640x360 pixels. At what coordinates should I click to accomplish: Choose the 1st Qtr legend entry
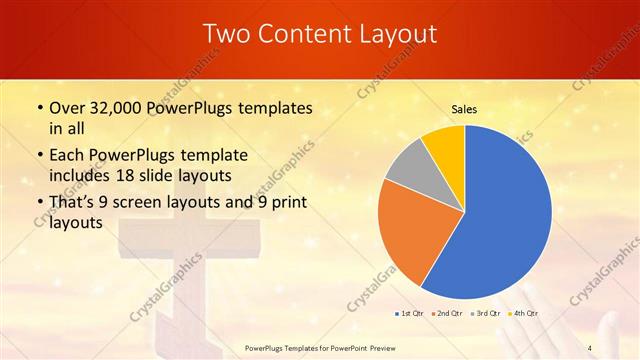(x=410, y=313)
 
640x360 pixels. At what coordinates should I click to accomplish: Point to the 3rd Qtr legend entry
(x=487, y=313)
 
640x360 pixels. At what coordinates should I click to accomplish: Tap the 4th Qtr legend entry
(x=526, y=313)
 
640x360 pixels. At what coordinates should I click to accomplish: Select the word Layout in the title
(x=397, y=34)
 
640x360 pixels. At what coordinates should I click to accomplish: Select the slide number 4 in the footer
(x=591, y=347)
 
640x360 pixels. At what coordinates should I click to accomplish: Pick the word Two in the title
(x=227, y=34)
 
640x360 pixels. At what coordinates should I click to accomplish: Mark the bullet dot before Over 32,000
(x=38, y=107)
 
